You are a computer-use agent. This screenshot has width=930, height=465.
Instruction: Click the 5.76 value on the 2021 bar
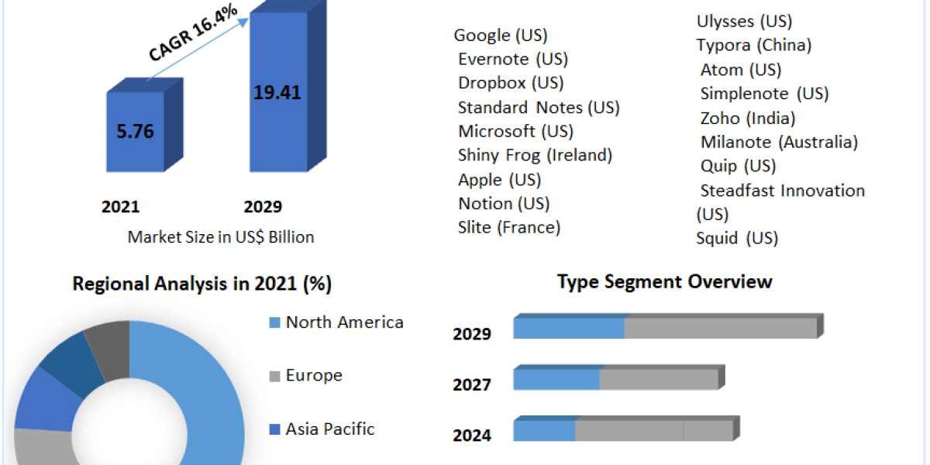135,132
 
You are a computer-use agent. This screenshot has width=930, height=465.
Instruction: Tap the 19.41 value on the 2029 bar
277,93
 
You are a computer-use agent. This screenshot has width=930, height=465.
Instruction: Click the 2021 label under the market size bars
120,207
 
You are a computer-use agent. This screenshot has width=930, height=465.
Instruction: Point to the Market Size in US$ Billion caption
221,237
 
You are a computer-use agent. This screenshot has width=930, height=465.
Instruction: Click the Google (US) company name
501,35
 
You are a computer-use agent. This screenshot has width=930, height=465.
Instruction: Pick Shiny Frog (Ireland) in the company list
535,155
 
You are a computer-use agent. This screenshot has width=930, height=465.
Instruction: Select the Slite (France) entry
509,227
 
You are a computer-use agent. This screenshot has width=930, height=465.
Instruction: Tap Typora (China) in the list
753,45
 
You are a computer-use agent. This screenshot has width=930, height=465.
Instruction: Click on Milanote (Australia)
779,142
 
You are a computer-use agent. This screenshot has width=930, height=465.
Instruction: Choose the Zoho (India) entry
748,118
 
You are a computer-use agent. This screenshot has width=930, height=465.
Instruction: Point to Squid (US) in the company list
736,238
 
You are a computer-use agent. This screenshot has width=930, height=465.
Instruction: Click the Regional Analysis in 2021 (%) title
202,284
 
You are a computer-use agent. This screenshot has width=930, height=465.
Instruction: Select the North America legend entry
344,322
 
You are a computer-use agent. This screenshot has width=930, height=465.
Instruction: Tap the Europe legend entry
314,375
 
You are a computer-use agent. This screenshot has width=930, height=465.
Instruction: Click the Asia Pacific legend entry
330,429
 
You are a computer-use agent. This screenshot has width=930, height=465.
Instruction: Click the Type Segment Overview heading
664,281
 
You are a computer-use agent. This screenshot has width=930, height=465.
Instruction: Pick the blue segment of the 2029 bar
569,328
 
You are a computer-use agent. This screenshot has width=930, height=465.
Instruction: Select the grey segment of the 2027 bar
659,379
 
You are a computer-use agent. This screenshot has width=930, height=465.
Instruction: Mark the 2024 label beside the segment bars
472,436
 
